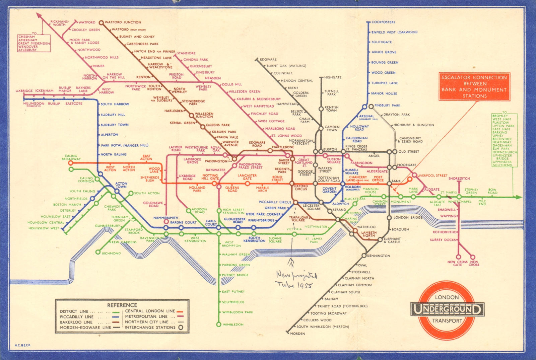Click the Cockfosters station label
(x=383, y=22)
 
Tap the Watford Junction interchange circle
(x=101, y=23)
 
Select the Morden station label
(x=297, y=334)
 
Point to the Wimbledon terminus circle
(x=219, y=324)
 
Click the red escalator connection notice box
(x=474, y=86)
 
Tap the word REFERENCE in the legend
(x=122, y=305)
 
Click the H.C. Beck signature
(x=22, y=345)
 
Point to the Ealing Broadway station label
(x=71, y=157)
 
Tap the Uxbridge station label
(x=24, y=91)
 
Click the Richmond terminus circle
(x=98, y=252)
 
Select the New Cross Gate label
(x=457, y=263)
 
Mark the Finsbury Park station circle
(x=371, y=106)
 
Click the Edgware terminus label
(x=268, y=59)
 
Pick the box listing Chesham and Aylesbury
(x=34, y=43)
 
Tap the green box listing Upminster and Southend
(x=504, y=140)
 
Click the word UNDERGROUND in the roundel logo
(x=447, y=309)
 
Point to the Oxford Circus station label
(x=300, y=188)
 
